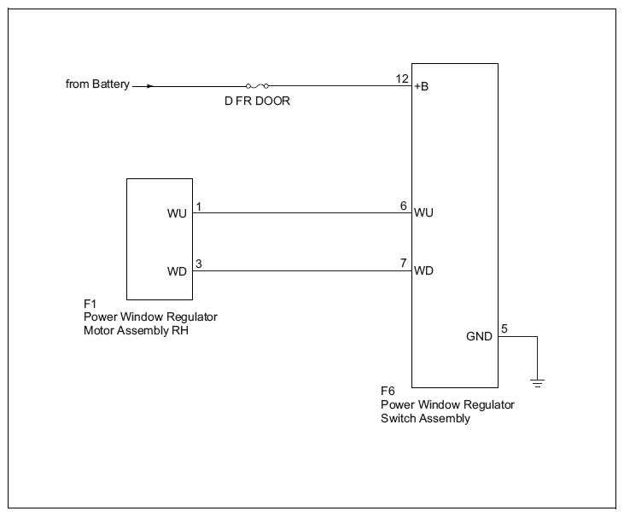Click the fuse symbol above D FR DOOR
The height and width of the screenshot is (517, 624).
(257, 86)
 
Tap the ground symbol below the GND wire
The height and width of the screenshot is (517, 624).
(537, 383)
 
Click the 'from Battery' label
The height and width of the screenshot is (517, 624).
(97, 84)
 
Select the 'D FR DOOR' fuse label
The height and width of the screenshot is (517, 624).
(257, 101)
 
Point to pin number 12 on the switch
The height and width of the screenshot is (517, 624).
(402, 78)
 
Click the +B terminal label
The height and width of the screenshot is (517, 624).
(422, 86)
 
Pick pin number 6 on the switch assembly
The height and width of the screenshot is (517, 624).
(404, 206)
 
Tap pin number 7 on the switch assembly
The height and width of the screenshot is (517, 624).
(404, 263)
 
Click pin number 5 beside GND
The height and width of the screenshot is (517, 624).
(504, 329)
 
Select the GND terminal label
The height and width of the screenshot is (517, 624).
(479, 336)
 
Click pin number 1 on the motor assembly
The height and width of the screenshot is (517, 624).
(199, 206)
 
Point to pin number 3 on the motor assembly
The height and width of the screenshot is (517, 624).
(199, 264)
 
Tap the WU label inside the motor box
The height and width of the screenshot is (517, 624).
(177, 213)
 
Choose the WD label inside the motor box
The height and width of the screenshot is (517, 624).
(177, 271)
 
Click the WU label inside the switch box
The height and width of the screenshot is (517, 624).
(423, 212)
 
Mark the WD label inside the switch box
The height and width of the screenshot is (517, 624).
(423, 270)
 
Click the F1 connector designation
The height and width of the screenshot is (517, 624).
(90, 305)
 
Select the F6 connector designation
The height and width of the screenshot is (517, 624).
(388, 392)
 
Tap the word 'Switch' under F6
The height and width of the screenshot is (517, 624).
(399, 418)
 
